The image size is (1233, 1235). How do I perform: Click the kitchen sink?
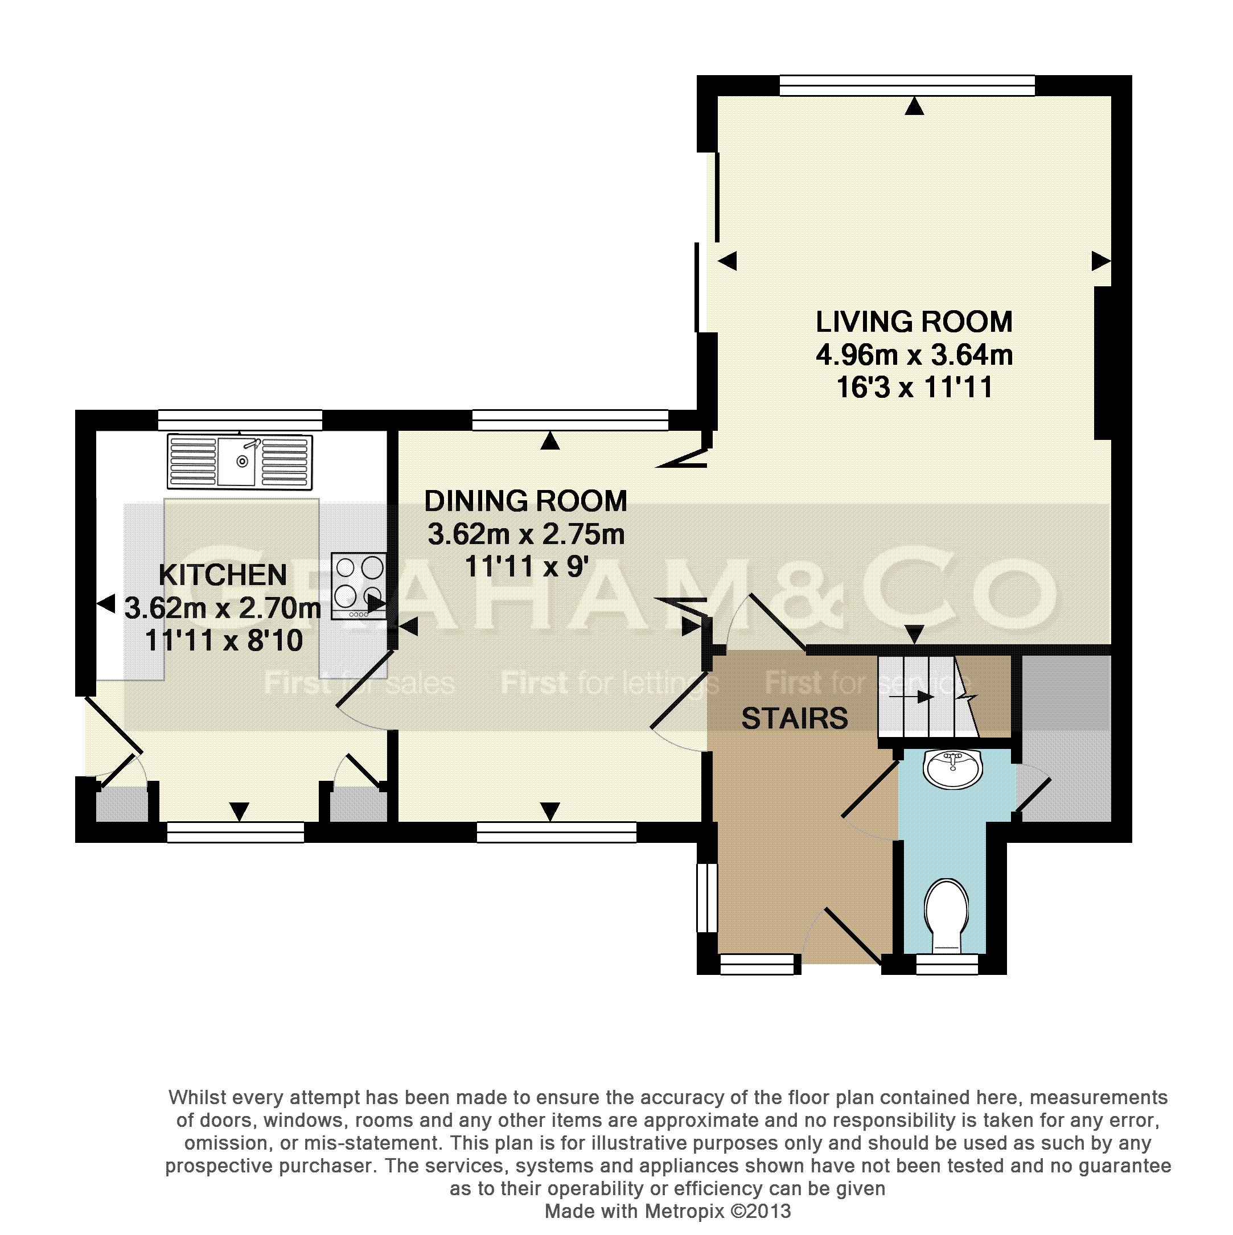click(x=240, y=461)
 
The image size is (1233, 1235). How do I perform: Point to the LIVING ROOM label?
click(x=914, y=322)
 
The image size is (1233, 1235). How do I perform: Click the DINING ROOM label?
click(x=525, y=501)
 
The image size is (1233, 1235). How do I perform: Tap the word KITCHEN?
click(x=223, y=575)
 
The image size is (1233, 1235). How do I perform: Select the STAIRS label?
click(x=794, y=718)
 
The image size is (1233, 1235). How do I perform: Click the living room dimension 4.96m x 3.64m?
click(x=914, y=355)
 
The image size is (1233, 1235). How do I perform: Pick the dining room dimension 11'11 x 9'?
click(x=525, y=566)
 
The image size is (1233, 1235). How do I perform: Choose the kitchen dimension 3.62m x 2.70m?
click(x=223, y=608)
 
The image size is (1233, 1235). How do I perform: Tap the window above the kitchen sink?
click(x=240, y=420)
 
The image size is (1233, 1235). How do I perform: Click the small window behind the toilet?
click(x=947, y=965)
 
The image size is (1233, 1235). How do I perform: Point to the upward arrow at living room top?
click(x=915, y=106)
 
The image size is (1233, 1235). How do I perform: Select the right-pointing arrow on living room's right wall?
click(x=1100, y=261)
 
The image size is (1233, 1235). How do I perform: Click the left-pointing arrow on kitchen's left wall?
click(x=105, y=603)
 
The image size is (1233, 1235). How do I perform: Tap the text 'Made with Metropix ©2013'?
click(x=668, y=1211)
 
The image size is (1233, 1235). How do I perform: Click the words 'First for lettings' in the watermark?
click(x=610, y=683)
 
